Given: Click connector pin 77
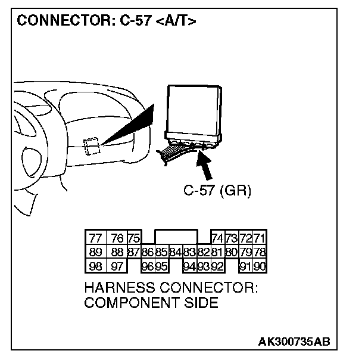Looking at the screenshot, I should (x=95, y=238).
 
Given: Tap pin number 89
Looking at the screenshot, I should (x=95, y=251).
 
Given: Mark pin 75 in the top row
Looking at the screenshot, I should (x=133, y=238).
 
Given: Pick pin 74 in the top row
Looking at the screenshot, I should (x=217, y=238).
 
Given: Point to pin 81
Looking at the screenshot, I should (x=217, y=251).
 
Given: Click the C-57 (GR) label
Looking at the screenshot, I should (x=217, y=191).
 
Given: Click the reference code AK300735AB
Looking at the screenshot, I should (x=294, y=342).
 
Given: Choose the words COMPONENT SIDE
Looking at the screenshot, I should (x=151, y=303).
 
